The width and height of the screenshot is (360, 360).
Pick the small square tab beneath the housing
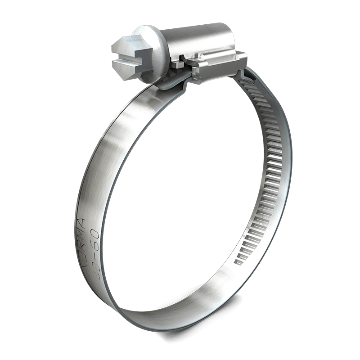tap(177, 65)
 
